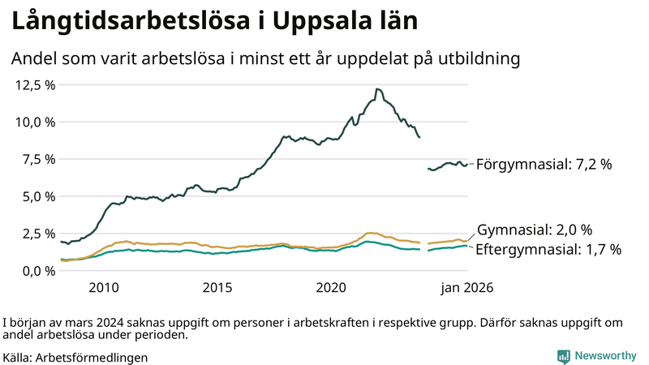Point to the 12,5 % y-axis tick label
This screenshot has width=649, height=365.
click(x=35, y=85)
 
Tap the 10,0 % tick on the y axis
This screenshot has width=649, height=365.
click(x=35, y=122)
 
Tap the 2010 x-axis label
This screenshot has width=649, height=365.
click(x=104, y=288)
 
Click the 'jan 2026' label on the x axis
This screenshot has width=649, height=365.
click(x=466, y=288)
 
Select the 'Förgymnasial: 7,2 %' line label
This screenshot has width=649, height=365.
click(x=544, y=165)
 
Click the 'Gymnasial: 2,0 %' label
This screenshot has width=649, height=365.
click(x=535, y=230)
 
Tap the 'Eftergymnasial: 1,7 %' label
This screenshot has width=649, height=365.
click(x=548, y=250)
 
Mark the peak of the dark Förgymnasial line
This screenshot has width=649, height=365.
click(x=377, y=89)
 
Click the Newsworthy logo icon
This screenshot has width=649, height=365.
click(x=563, y=356)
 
